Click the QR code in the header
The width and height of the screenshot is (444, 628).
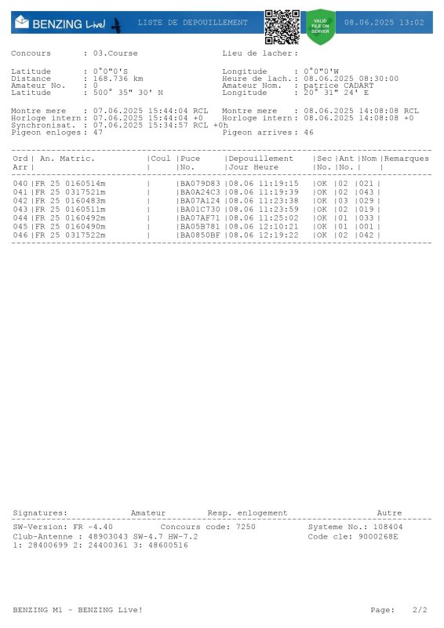[x=282, y=27]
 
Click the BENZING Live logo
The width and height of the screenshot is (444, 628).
[x=67, y=24]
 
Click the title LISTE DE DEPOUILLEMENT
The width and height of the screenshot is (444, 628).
[x=192, y=23]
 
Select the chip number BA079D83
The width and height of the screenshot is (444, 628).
[x=200, y=183]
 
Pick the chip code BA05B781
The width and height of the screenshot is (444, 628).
[x=200, y=226]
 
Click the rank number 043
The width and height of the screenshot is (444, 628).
[x=20, y=209]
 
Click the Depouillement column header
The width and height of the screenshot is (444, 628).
[x=260, y=159]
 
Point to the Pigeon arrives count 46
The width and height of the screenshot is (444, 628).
[x=308, y=133]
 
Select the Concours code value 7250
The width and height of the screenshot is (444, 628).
[x=246, y=527]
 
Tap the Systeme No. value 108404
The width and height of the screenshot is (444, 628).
[x=388, y=527]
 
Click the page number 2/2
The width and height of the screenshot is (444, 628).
[x=420, y=609]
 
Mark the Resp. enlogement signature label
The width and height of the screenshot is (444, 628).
[x=247, y=513]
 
